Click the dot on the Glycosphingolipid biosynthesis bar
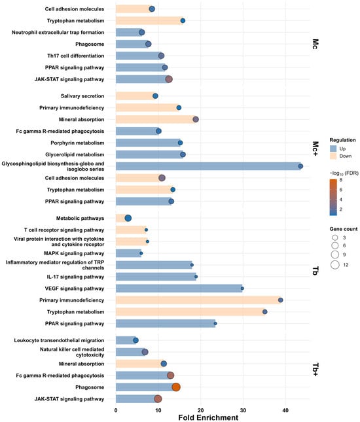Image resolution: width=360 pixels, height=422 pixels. (300, 166)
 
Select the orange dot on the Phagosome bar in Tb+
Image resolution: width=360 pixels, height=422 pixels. (176, 387)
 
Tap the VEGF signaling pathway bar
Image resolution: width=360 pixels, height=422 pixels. (179, 289)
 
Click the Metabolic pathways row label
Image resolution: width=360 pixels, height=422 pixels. (80, 219)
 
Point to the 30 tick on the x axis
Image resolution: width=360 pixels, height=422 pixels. (243, 410)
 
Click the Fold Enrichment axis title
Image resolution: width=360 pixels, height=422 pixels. (208, 417)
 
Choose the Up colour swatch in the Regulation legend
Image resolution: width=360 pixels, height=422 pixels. (333, 149)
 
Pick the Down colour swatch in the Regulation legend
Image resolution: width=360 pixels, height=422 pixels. (333, 156)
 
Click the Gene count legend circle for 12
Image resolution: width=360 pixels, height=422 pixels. (335, 265)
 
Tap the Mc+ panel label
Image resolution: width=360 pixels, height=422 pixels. (315, 149)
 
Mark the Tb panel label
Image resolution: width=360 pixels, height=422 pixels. (315, 271)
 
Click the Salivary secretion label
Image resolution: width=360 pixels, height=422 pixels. (82, 96)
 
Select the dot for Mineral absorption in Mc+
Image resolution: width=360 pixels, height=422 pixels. (196, 120)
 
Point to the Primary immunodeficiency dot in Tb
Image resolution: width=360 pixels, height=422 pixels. (281, 300)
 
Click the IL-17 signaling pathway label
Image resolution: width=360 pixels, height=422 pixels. (75, 277)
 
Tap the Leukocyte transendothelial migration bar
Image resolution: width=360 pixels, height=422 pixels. (126, 340)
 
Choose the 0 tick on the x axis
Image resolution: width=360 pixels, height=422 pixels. (116, 410)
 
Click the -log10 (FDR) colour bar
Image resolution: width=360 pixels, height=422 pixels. (333, 198)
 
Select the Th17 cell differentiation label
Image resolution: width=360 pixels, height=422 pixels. (76, 56)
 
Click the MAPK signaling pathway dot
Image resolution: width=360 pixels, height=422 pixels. (141, 253)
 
